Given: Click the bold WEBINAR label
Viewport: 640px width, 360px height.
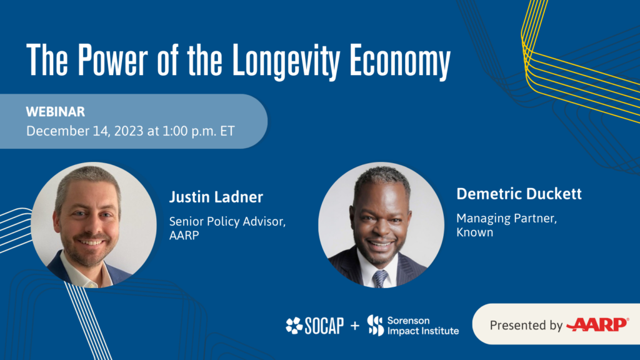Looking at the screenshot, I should [55, 112].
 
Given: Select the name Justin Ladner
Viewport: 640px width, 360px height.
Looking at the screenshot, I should [216, 198].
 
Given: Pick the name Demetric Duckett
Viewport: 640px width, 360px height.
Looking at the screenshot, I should [519, 194].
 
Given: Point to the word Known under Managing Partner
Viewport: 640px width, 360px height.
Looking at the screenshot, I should [474, 232].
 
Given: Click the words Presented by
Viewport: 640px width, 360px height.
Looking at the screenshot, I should [526, 325].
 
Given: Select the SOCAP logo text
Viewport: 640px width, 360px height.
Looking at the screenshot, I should [324, 326].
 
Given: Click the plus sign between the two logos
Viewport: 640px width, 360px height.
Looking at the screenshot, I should [355, 326].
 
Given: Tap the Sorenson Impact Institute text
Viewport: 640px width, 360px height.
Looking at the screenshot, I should [422, 325].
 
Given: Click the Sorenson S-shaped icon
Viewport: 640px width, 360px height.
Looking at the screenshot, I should [375, 325].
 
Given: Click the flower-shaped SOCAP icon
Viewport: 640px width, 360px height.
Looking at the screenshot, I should [294, 326].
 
